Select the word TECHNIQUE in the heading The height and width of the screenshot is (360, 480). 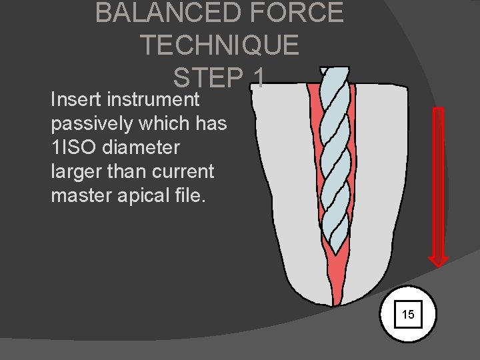coord(219,45)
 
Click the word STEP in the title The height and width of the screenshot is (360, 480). coord(207,78)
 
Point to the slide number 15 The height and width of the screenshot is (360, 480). coord(408,314)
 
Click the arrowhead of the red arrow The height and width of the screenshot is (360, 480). coord(438,259)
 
